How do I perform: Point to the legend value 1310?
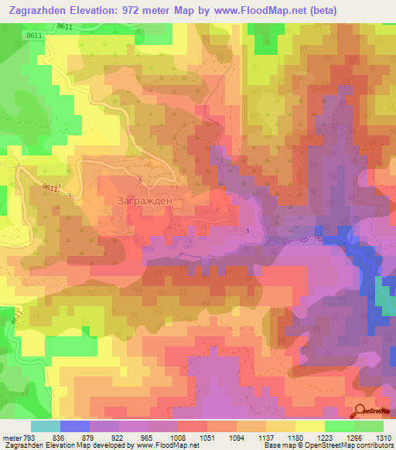[x=382, y=437]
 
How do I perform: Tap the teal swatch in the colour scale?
[x=46, y=425]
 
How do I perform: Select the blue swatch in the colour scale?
[x=75, y=425]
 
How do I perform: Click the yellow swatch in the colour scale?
[x=310, y=425]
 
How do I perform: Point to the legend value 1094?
[x=243, y=437]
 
